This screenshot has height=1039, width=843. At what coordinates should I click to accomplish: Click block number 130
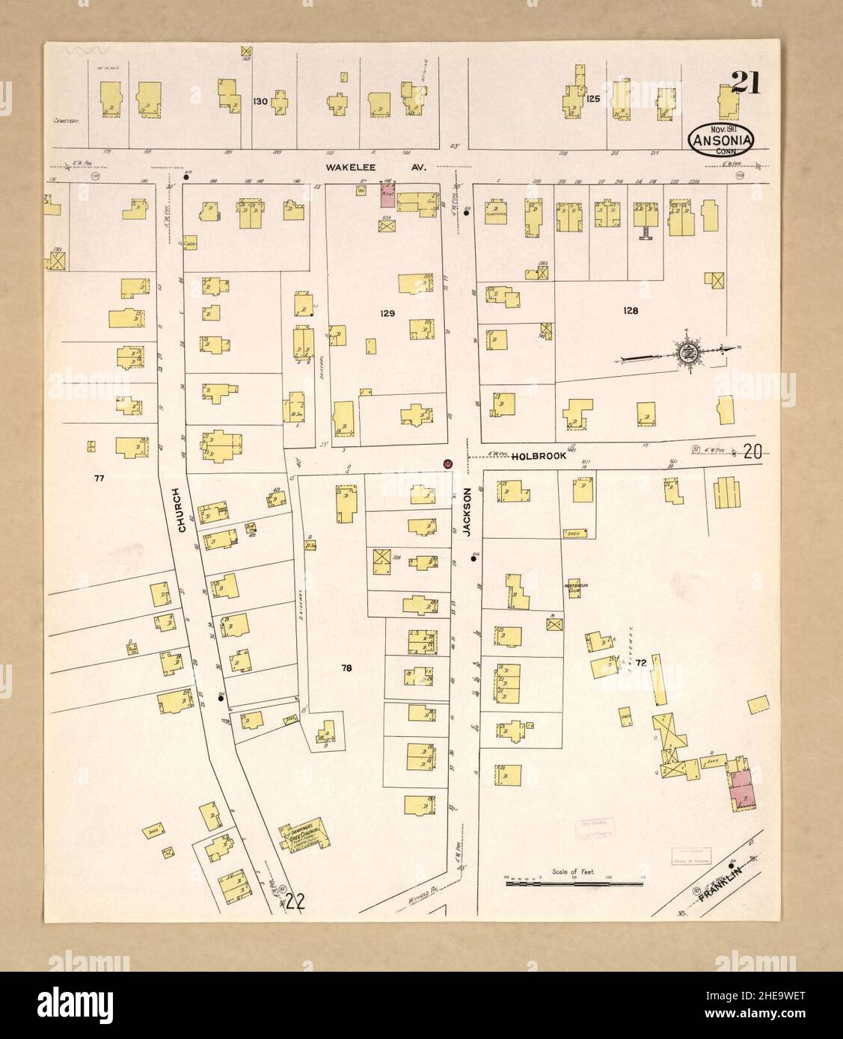click(x=260, y=101)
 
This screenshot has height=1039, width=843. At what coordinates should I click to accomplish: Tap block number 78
click(x=346, y=668)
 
